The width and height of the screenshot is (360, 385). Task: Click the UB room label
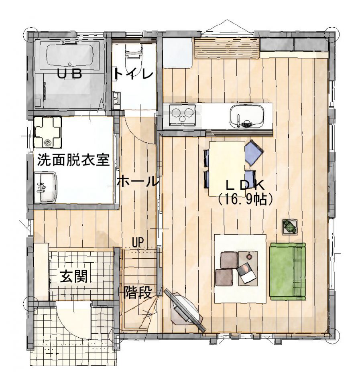coord(69,73)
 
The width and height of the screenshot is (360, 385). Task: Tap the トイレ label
coord(134,73)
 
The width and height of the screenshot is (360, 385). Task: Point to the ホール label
coord(137,182)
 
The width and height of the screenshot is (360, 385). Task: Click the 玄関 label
coord(74,277)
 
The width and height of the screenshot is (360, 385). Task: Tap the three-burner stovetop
coord(182,115)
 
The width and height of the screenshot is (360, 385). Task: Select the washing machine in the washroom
coord(47,132)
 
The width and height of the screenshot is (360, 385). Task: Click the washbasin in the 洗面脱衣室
coord(46,187)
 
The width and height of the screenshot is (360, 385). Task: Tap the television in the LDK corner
coord(184,310)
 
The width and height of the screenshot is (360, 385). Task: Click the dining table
coord(227,169)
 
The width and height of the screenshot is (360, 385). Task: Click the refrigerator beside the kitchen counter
coord(177,53)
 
